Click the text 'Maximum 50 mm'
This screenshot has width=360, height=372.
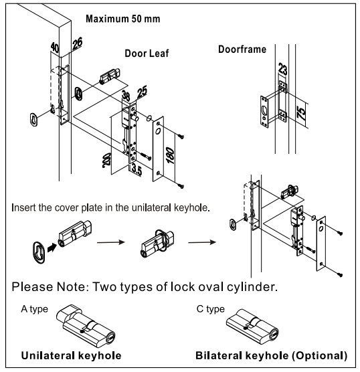pyautogui.click(x=122, y=19)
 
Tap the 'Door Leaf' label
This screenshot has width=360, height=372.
pyautogui.click(x=147, y=54)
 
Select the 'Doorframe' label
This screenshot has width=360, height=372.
pyautogui.click(x=242, y=50)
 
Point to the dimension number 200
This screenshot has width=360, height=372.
pyautogui.click(x=107, y=160)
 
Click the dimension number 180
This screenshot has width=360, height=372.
pyautogui.click(x=171, y=155)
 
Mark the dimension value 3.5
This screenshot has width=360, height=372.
pyautogui.click(x=137, y=170)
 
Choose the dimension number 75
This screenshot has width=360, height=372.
pyautogui.click(x=301, y=113)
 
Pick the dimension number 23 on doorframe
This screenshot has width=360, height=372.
pyautogui.click(x=282, y=69)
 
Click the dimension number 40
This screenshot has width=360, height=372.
pyautogui.click(x=55, y=48)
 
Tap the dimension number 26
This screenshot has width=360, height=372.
pyautogui.click(x=77, y=43)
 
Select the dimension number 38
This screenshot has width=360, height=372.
pyautogui.click(x=126, y=96)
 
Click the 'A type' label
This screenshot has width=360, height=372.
pyautogui.click(x=34, y=309)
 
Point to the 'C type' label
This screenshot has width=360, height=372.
pyautogui.click(x=210, y=309)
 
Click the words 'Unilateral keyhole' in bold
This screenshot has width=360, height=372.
pyautogui.click(x=71, y=356)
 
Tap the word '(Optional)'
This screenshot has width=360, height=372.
pyautogui.click(x=319, y=356)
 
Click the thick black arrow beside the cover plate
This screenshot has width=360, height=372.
pyautogui.click(x=52, y=248)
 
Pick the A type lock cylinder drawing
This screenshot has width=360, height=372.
pyautogui.click(x=86, y=324)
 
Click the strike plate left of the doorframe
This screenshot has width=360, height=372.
pyautogui.click(x=264, y=112)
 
